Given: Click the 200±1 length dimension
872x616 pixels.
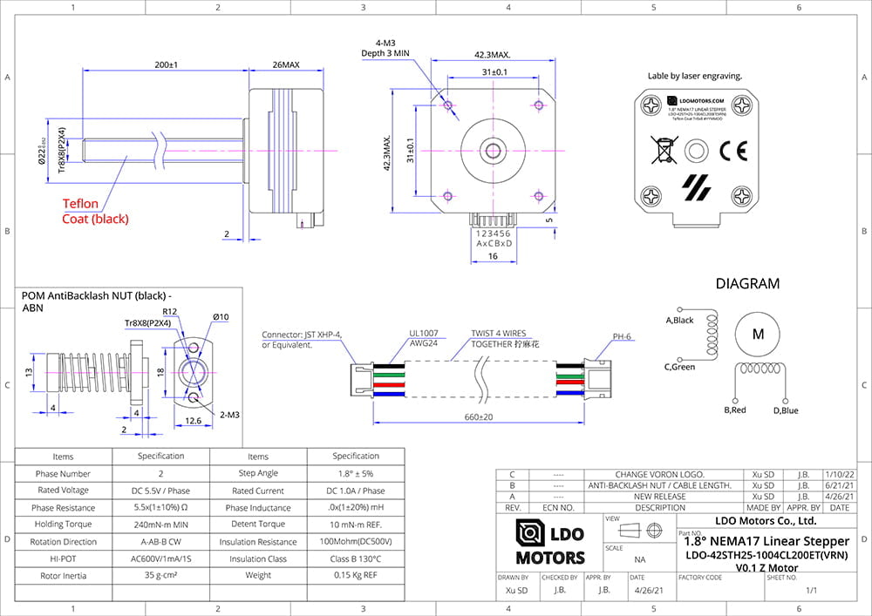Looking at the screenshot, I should [x=166, y=64].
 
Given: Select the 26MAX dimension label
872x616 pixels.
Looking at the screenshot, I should [x=286, y=64].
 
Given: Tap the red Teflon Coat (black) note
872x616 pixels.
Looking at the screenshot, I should [x=95, y=211].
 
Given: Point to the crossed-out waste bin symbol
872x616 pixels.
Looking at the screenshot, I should [x=663, y=151].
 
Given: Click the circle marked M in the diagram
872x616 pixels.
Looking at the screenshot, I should [x=758, y=333].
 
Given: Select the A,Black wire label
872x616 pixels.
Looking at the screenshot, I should [x=679, y=321].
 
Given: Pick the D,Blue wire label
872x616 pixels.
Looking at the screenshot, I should [x=785, y=410].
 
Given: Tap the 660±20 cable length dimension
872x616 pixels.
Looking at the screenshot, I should [x=478, y=416].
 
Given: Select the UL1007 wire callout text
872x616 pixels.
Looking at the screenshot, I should [x=423, y=333].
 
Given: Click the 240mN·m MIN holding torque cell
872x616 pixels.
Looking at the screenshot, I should [x=161, y=525].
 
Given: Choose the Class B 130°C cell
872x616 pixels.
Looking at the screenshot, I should [x=355, y=558].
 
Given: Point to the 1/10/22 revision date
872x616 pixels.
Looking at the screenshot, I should [x=839, y=475].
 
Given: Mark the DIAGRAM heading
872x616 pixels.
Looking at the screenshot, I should [x=747, y=283].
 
